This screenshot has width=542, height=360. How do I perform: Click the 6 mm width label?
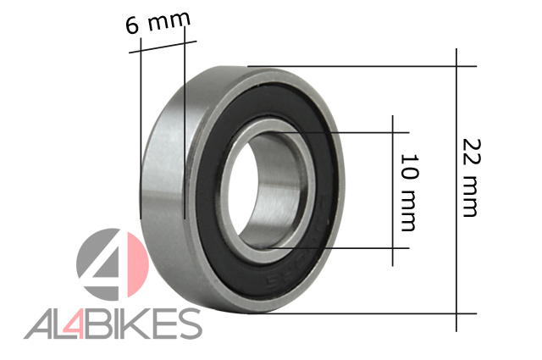(158, 23)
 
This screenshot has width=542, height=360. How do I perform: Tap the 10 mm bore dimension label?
(409, 192)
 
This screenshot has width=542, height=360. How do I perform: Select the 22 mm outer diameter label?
(472, 178)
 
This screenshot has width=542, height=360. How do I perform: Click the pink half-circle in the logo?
(137, 264)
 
